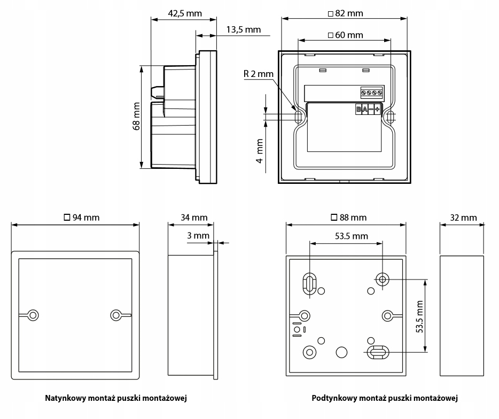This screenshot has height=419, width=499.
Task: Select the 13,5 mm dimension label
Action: (x=243, y=29)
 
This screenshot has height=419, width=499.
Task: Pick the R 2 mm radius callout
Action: (x=258, y=74)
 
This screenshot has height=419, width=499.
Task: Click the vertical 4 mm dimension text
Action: (x=260, y=151)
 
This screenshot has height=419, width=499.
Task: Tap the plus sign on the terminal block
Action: (x=377, y=110)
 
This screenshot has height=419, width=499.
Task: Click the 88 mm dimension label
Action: (x=348, y=218)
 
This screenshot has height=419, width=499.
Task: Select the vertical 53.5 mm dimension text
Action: (x=419, y=316)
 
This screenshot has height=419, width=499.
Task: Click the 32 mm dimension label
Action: (x=463, y=218)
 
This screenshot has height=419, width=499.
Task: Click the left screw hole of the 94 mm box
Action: (x=33, y=315)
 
